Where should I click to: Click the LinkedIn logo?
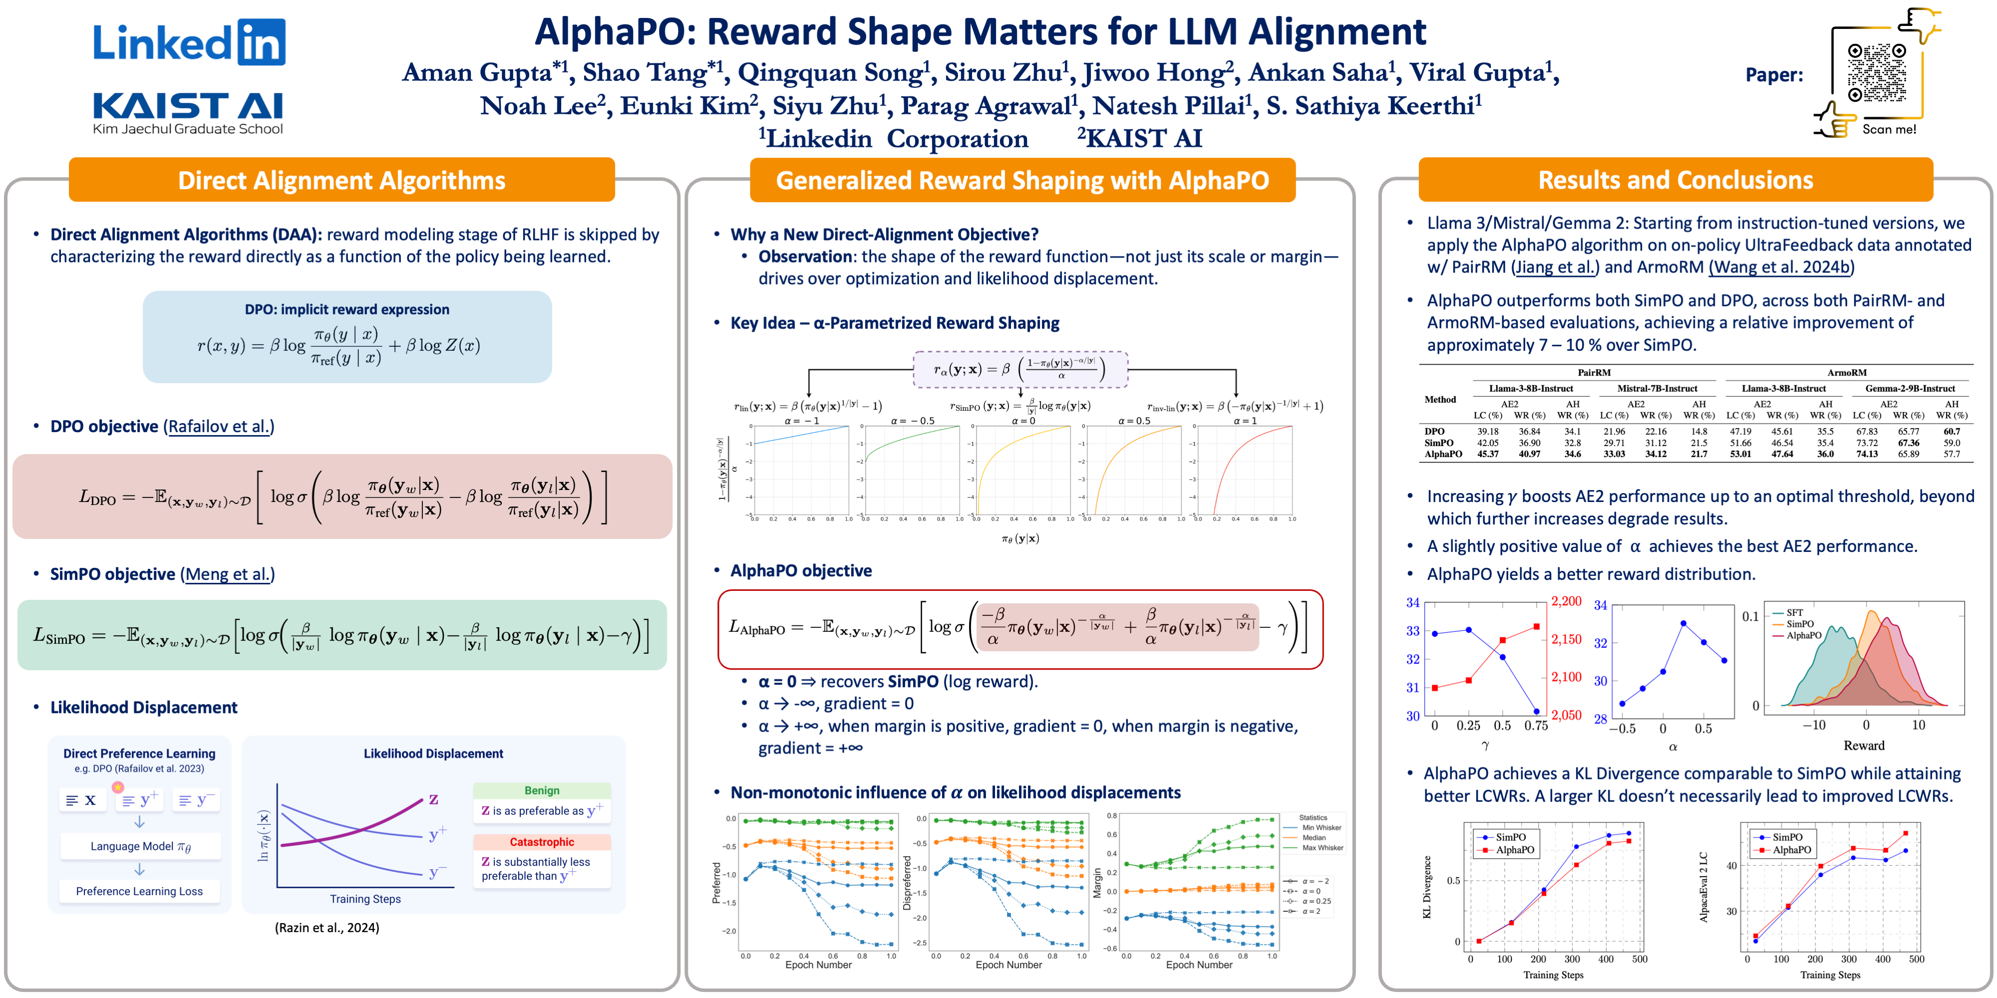(x=189, y=42)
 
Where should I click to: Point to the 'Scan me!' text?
(x=1889, y=129)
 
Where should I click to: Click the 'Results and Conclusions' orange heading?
(x=1675, y=180)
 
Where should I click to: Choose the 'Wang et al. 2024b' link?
(x=1781, y=267)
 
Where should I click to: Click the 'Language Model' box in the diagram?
(x=140, y=846)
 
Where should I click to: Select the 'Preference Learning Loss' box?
(x=140, y=891)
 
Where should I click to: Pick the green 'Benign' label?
(x=542, y=790)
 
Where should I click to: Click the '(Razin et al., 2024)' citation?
(x=327, y=928)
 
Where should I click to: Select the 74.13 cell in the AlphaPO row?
(x=1867, y=454)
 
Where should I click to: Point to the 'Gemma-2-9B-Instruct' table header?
(x=1910, y=388)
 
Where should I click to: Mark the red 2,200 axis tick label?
(x=1566, y=601)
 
